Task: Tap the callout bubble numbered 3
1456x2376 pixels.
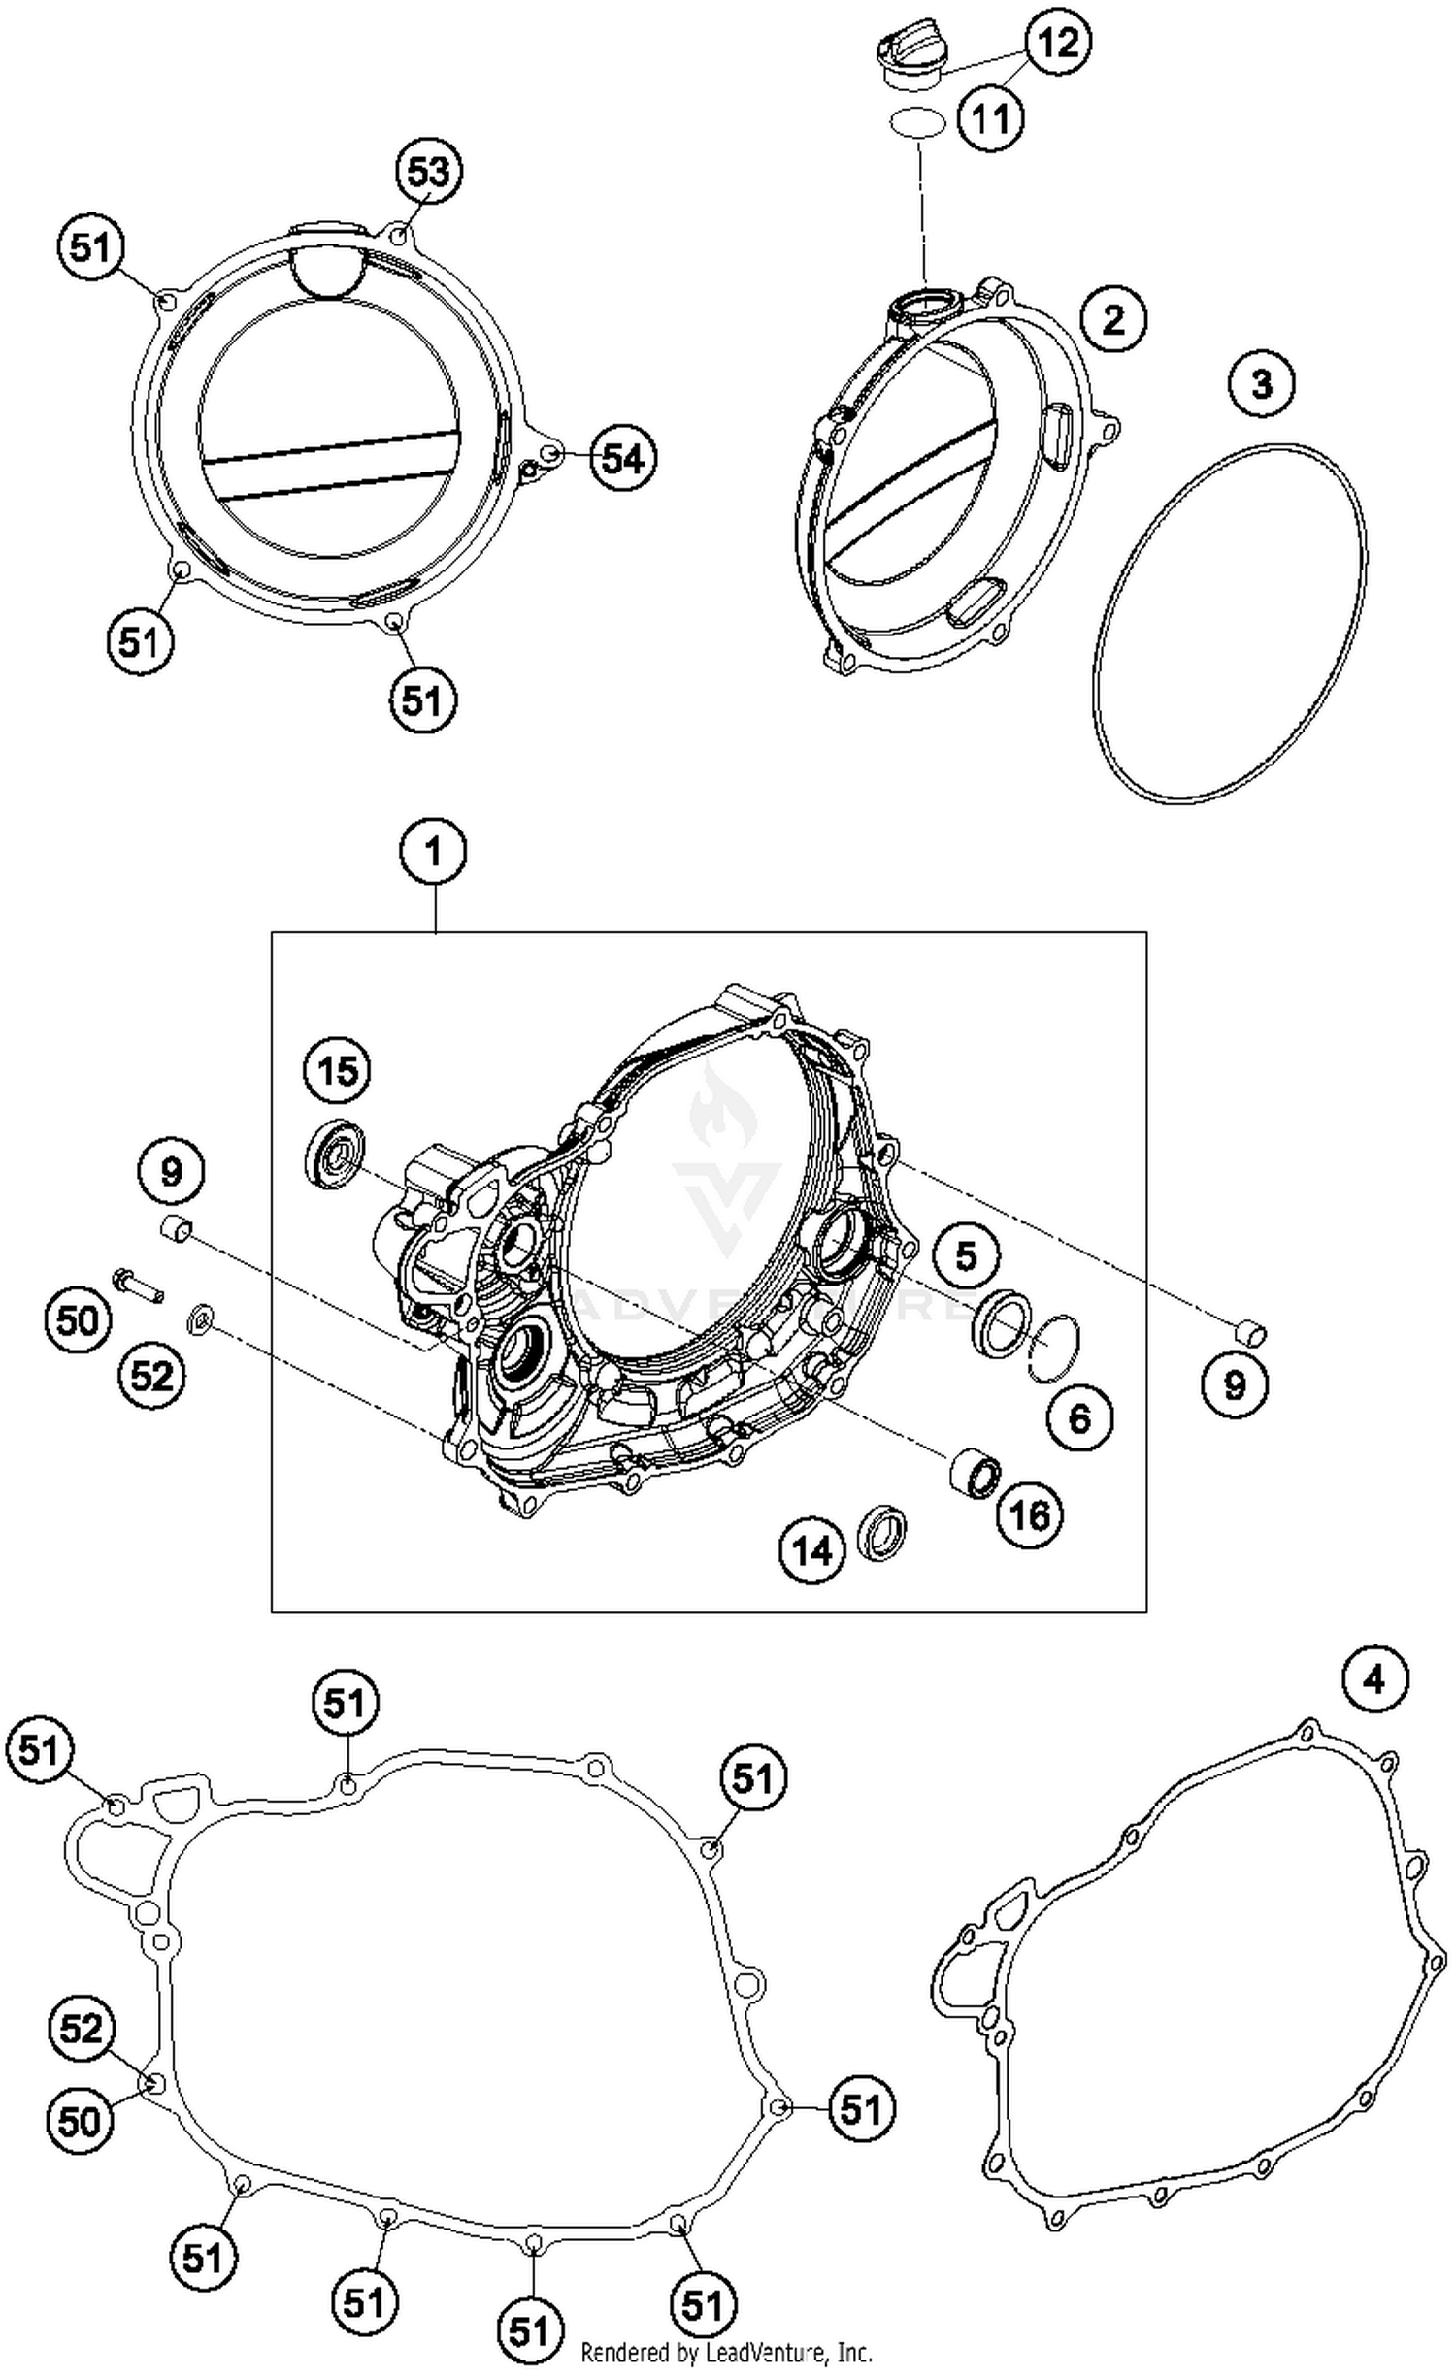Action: [x=1261, y=383]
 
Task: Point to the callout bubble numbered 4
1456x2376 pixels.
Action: [x=1374, y=1679]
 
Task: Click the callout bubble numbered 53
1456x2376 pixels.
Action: [x=428, y=172]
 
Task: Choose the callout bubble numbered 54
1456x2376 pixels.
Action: [x=622, y=458]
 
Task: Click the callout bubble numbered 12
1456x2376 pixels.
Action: [x=1058, y=43]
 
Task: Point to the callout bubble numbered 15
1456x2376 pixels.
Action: [x=337, y=1072]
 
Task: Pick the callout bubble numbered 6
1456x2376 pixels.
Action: [x=1079, y=1418]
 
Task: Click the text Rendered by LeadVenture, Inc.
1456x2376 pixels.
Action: [x=726, y=2352]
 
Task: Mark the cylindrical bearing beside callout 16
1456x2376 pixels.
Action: [x=973, y=1473]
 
